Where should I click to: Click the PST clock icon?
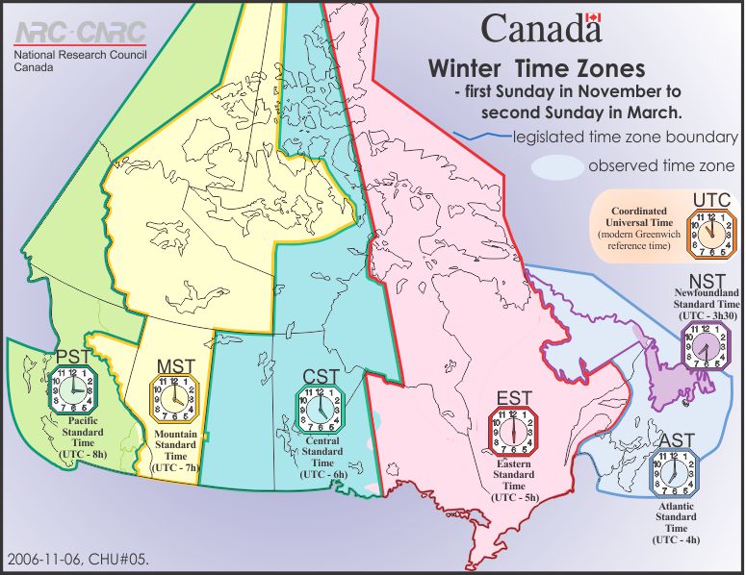75,388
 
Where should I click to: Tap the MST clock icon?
173,396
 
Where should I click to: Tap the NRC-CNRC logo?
80,33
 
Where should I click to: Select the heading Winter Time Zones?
536,70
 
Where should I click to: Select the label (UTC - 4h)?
677,540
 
